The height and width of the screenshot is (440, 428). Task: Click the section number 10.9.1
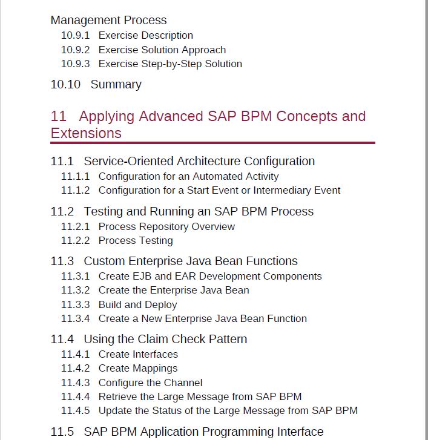75,35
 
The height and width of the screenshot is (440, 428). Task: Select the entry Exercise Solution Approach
162,50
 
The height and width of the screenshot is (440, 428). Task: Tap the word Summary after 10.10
116,85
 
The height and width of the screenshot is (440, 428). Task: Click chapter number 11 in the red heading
58,116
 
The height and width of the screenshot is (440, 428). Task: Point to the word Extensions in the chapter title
86,133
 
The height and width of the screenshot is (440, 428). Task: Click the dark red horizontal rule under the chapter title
212,143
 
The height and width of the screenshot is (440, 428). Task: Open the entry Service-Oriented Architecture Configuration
199,161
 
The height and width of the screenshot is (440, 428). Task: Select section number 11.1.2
75,190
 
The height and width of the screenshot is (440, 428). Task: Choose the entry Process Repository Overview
166,226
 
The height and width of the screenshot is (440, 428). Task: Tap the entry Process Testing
136,240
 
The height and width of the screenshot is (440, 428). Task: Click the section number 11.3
62,261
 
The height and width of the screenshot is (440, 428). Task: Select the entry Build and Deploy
138,305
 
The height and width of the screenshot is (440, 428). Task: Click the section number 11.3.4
75,318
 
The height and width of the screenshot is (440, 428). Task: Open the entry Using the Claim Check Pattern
165,339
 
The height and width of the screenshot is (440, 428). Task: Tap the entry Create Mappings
138,368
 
